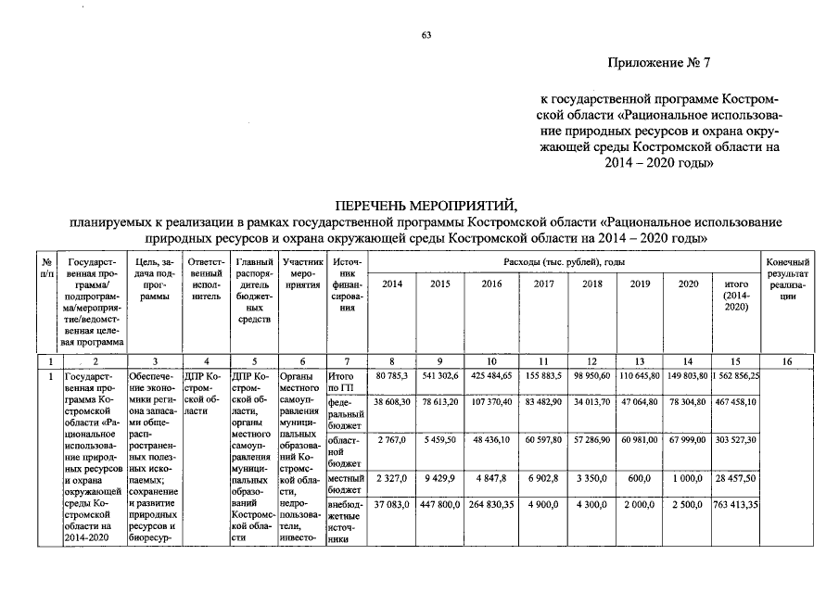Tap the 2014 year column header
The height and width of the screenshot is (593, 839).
tap(392, 284)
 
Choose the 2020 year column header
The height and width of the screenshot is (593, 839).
tap(687, 284)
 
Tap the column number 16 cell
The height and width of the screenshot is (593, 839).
tap(788, 360)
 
